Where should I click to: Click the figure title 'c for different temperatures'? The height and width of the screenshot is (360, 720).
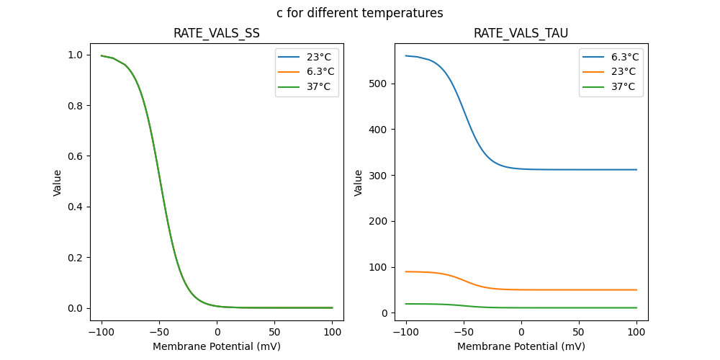tap(360, 13)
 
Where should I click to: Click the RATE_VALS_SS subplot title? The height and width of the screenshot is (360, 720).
tap(216, 33)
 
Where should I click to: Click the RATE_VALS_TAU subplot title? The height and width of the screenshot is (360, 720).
tap(521, 33)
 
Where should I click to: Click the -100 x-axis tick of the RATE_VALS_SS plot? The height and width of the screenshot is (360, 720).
tap(102, 333)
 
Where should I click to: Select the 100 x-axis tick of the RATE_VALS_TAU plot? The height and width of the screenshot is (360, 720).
tap(636, 333)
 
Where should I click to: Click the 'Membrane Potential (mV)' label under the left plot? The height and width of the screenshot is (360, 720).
tap(216, 346)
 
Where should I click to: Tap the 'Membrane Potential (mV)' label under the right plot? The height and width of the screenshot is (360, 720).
tap(521, 346)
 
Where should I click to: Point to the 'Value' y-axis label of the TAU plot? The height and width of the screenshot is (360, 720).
tap(359, 183)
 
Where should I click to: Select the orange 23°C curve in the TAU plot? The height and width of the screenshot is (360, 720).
tap(576, 289)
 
